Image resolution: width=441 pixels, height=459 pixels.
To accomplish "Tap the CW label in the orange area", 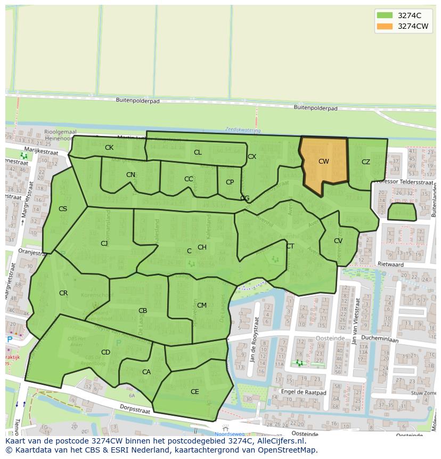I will pyautogui.click(x=324, y=161).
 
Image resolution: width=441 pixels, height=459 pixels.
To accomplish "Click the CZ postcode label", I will pyautogui.click(x=366, y=162).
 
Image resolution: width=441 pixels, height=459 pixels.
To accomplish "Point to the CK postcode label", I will pyautogui.click(x=109, y=148).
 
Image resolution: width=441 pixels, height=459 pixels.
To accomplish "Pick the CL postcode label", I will pyautogui.click(x=198, y=152).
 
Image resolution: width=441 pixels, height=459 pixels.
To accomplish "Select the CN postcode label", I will pyautogui.click(x=130, y=175).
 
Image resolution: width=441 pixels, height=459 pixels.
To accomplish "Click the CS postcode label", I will pyautogui.click(x=63, y=209).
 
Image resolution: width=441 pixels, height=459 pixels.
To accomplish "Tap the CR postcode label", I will pyautogui.click(x=63, y=293).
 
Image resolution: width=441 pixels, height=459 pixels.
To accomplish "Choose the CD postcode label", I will pyautogui.click(x=105, y=352).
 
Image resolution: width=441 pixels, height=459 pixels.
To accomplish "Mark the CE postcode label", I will pyautogui.click(x=195, y=391).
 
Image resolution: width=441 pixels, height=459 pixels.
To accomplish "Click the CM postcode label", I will pyautogui.click(x=202, y=305).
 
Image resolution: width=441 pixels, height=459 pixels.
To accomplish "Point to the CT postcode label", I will pyautogui.click(x=290, y=246).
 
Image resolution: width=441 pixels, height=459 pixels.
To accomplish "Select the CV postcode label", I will pyautogui.click(x=338, y=241).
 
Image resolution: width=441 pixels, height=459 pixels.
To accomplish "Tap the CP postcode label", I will pyautogui.click(x=230, y=182).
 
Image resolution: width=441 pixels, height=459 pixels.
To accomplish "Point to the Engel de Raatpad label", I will pyautogui.click(x=304, y=392).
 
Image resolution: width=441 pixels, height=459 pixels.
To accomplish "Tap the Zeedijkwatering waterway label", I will pyautogui.click(x=242, y=130).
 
